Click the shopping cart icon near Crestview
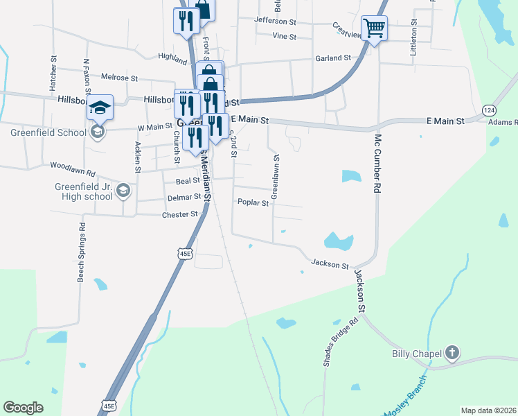tap(374, 28)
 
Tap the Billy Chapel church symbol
tap(452, 354)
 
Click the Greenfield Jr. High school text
tap(84, 191)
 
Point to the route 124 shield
tap(490, 110)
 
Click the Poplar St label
tap(252, 202)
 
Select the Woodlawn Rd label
tap(72, 166)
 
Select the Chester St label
tap(179, 215)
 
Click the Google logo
tap(23, 408)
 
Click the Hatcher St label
tap(53, 73)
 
